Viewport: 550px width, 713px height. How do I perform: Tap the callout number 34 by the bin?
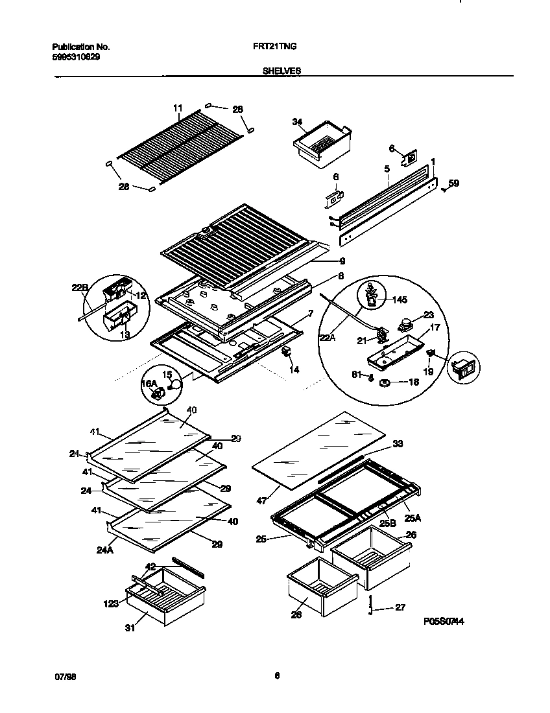point(298,123)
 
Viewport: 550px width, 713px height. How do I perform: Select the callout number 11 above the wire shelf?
point(178,108)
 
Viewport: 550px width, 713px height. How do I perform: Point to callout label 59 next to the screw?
point(453,183)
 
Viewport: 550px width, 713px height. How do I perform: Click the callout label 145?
point(400,299)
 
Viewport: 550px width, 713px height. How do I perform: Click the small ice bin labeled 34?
point(322,144)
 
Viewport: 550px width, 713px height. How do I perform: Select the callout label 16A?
point(149,383)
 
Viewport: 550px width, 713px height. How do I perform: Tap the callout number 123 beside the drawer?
point(111,603)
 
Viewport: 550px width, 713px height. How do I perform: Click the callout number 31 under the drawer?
point(130,627)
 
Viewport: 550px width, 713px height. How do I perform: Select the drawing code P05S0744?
point(444,622)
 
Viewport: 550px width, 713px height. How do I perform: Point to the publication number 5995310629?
point(75,56)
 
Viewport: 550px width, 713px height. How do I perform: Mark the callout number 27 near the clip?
point(400,607)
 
